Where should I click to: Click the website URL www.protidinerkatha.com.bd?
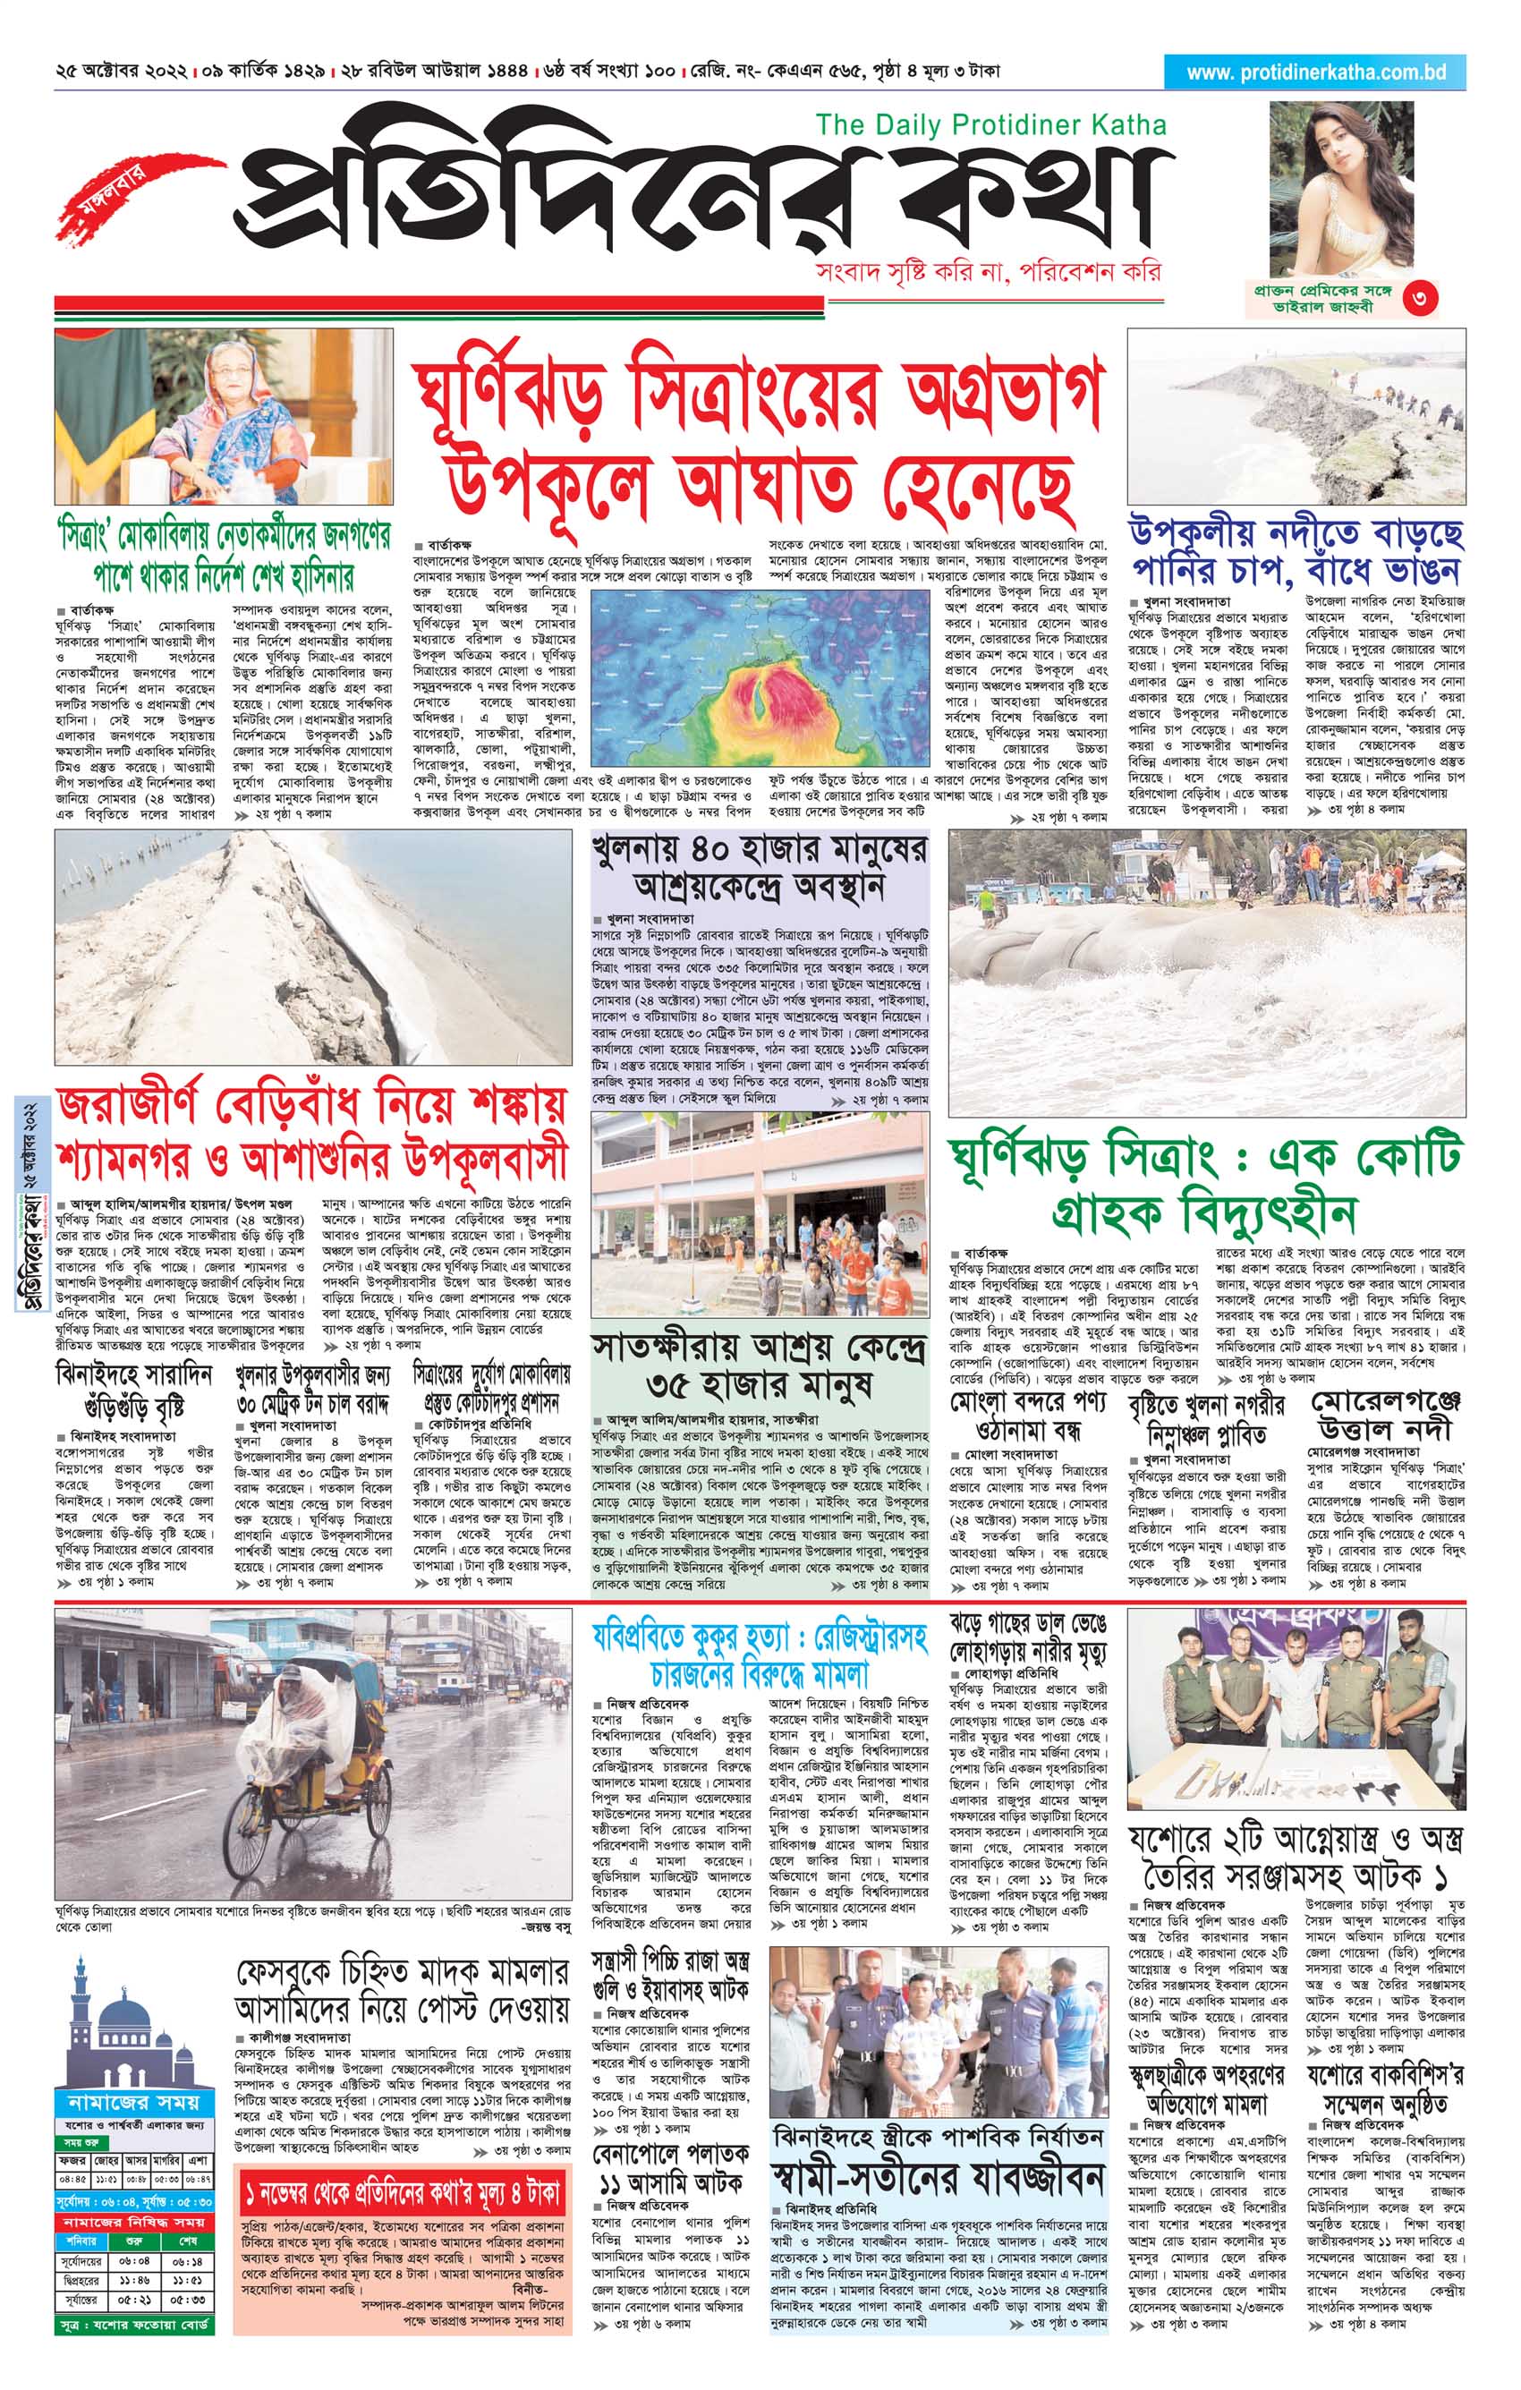(x=1314, y=72)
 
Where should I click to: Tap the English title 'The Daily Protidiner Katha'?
(x=990, y=125)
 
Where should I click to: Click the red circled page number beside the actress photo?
(x=1420, y=297)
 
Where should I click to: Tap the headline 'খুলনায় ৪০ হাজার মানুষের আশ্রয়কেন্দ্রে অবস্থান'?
(x=759, y=869)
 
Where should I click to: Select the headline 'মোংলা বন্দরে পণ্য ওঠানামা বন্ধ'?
(x=1027, y=1416)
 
